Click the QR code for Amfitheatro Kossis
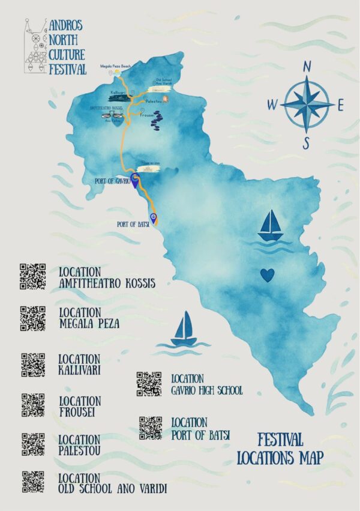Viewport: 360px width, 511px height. pyautogui.click(x=32, y=276)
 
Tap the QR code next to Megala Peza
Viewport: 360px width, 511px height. pyautogui.click(x=33, y=319)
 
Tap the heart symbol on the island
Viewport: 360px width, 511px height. pyautogui.click(x=267, y=274)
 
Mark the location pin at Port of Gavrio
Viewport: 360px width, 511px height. pyautogui.click(x=136, y=180)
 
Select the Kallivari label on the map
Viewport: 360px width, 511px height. pyautogui.click(x=119, y=92)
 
